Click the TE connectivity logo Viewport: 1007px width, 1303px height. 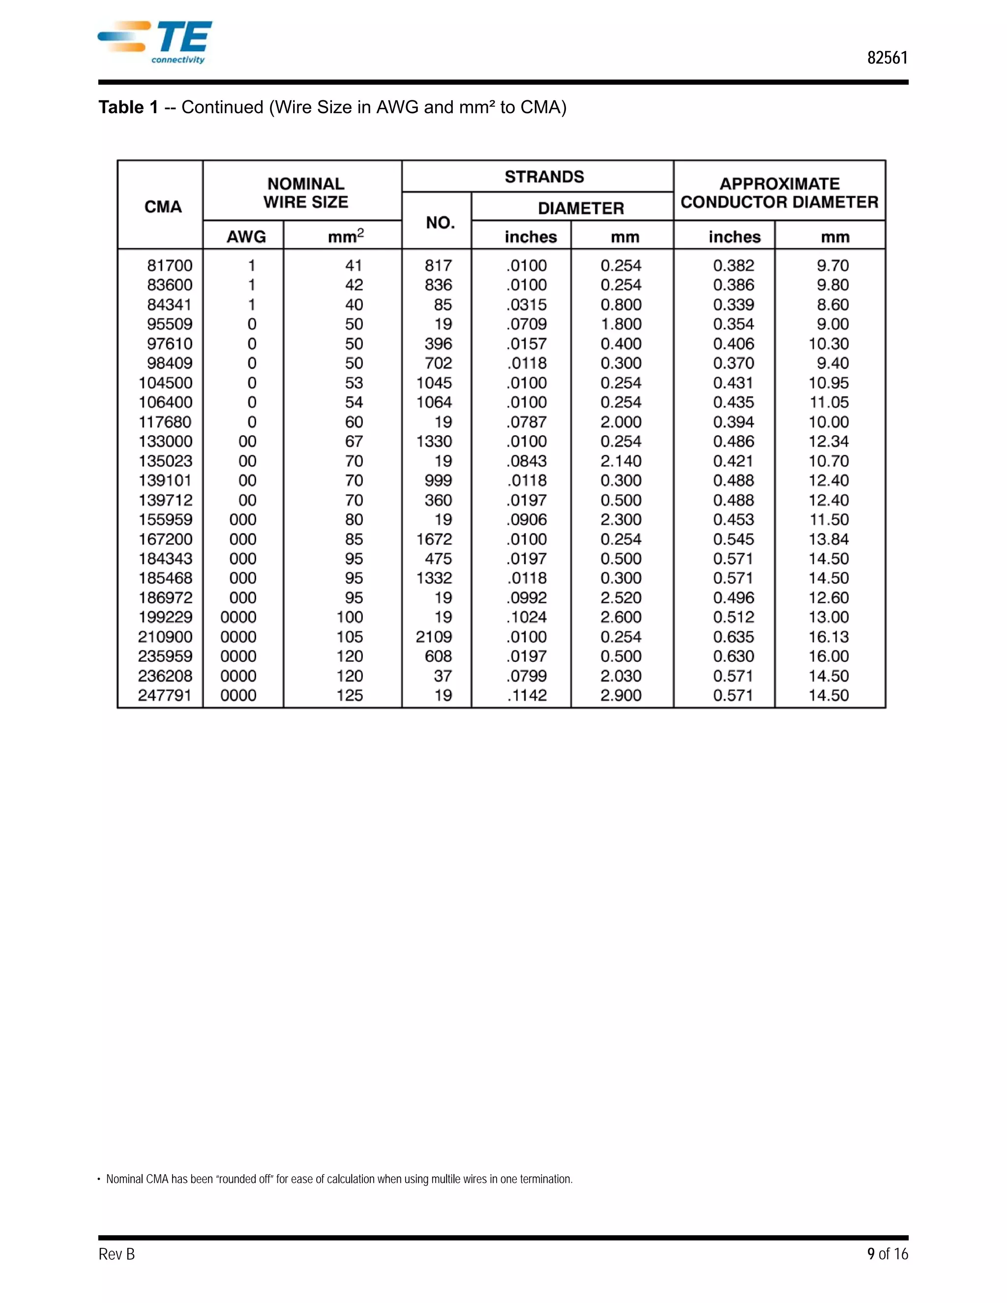[x=156, y=42]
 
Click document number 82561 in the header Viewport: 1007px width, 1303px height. [x=887, y=58]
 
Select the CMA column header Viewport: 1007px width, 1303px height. [x=163, y=207]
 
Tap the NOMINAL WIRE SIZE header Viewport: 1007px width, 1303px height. [x=305, y=193]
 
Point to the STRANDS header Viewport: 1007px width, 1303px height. [x=544, y=177]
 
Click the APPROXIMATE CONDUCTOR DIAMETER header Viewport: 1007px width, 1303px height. [x=779, y=193]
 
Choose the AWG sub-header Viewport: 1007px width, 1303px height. [x=246, y=237]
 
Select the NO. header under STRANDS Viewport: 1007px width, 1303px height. [x=440, y=223]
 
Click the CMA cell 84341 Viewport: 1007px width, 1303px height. [x=170, y=305]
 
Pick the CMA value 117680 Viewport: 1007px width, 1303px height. [x=165, y=422]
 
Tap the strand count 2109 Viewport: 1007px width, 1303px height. [x=434, y=637]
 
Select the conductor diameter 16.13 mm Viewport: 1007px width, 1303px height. [x=828, y=637]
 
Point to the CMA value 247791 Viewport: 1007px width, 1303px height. [x=165, y=695]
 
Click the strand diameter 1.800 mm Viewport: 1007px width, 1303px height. [x=621, y=324]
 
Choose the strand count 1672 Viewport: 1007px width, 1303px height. [x=434, y=539]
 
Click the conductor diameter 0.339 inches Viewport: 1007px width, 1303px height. [x=733, y=305]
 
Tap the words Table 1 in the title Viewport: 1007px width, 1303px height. [x=128, y=107]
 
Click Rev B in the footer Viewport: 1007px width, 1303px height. [x=117, y=1254]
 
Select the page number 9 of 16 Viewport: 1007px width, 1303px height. [x=887, y=1254]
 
